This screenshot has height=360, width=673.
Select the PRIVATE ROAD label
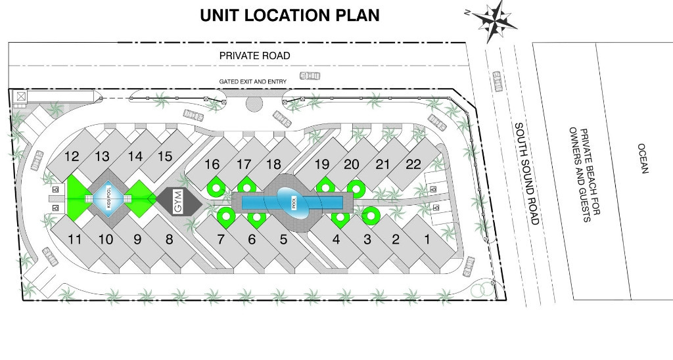coord(254,56)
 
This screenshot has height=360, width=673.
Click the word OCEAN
coord(643,158)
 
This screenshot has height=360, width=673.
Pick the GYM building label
coord(176,201)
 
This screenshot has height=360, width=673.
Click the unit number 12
coord(72,156)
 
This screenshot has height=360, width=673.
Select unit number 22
coord(413,164)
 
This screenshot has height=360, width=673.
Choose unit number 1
coord(427,240)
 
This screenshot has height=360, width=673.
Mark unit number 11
coord(75,239)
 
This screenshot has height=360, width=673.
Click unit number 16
coord(212,164)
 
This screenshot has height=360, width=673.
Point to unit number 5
coord(283,240)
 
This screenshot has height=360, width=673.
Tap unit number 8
coord(169,240)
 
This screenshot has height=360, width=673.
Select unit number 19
coord(321,164)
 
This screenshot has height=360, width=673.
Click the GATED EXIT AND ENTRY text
coord(252,81)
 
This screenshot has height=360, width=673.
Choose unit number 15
coord(165,156)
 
